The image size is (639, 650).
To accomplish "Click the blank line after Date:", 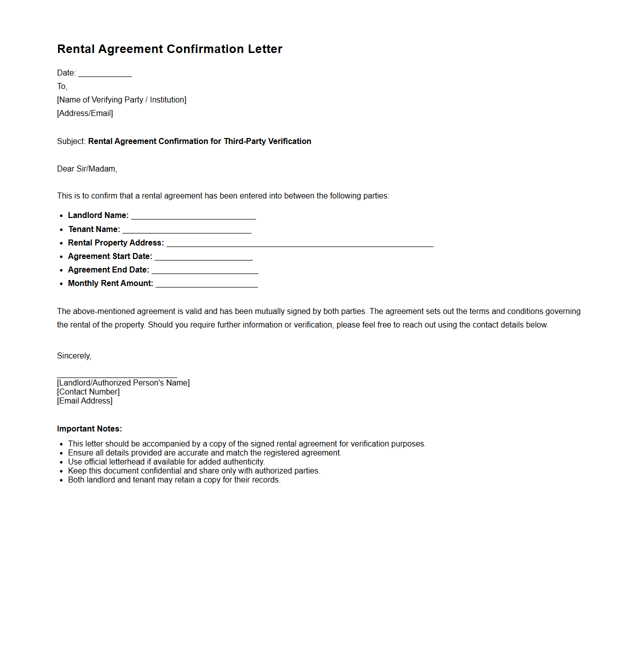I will (105, 74).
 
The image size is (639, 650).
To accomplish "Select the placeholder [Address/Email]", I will (85, 113).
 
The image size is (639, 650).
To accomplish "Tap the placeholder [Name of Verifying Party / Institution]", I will (121, 100).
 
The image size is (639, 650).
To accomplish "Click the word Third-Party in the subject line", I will (244, 141).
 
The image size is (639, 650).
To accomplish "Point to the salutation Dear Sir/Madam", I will (87, 169).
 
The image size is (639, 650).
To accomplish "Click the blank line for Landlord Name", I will (193, 217).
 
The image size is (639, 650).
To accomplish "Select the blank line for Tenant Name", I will (187, 231).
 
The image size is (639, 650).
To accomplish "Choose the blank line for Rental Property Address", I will (299, 244).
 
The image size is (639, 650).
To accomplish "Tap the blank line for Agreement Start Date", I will (203, 258).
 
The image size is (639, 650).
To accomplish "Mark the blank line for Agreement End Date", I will (204, 271).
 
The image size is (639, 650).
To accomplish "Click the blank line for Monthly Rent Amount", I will (206, 285).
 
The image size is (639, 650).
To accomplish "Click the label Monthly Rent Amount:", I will (110, 283).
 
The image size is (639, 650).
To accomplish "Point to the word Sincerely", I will (73, 356).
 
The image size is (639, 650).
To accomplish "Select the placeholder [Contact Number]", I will (88, 392).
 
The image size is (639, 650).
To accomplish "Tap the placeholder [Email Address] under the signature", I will (85, 401).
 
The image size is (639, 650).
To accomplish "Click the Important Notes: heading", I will (89, 429).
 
